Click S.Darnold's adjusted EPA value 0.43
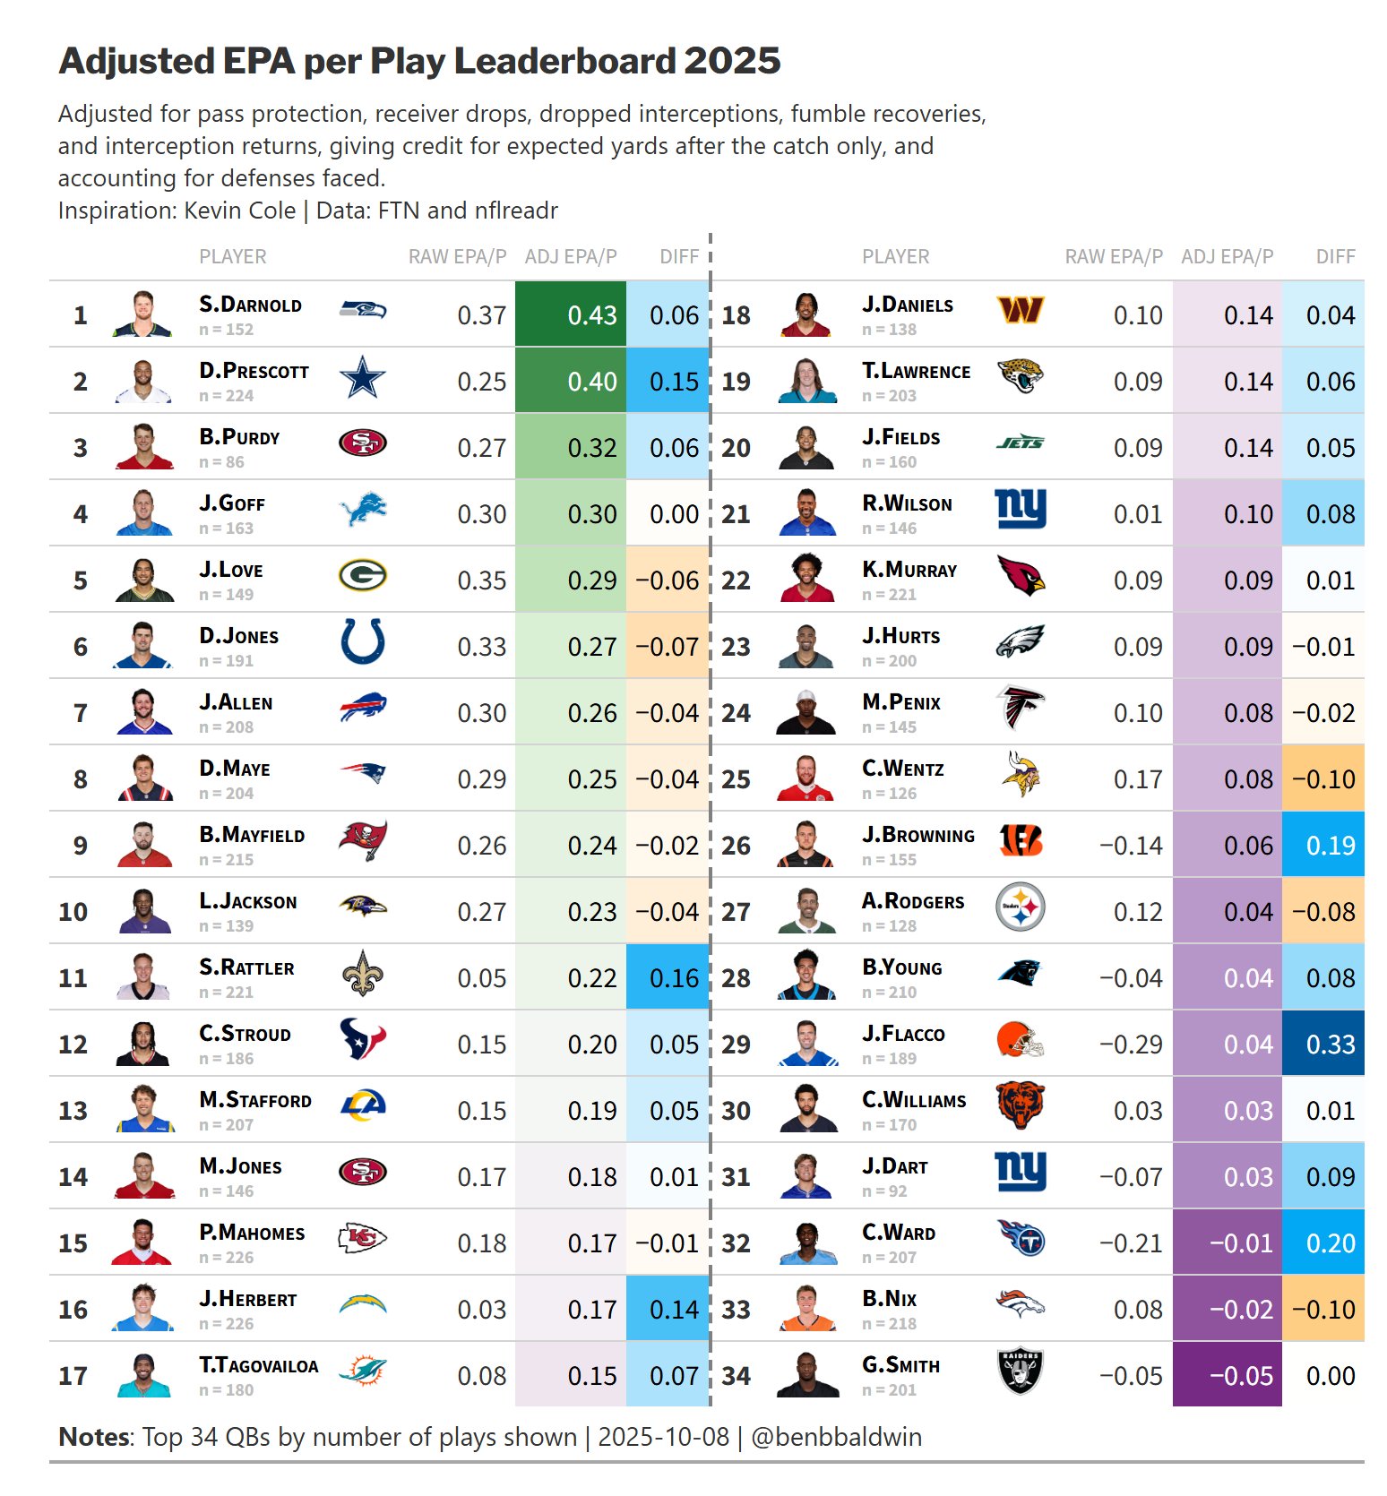point(591,315)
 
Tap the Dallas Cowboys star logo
point(363,377)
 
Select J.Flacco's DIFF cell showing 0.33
point(1330,1045)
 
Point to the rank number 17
point(73,1376)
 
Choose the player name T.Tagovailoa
point(258,1365)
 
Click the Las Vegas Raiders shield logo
point(1020,1371)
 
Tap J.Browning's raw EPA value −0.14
point(1131,846)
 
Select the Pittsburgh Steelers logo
point(1020,907)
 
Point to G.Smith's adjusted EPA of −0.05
point(1240,1376)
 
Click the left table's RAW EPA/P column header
point(457,257)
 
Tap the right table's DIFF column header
point(1335,257)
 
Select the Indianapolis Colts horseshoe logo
point(363,641)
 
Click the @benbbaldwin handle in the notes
point(836,1437)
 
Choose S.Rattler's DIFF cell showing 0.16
point(674,978)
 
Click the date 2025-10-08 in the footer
point(663,1437)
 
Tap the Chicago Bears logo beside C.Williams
point(1020,1105)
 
